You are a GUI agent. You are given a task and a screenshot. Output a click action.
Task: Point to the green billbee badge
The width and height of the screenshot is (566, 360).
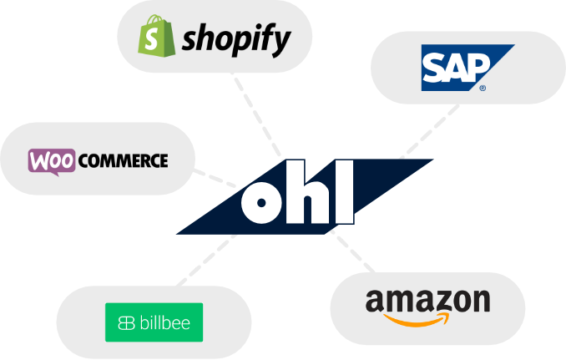154,322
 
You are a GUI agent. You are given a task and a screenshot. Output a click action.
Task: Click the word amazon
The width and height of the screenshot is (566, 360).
427,301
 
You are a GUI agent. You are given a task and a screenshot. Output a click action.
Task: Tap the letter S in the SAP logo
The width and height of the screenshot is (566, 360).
433,70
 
